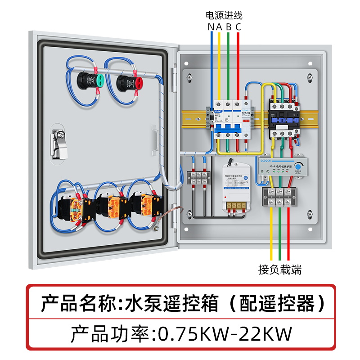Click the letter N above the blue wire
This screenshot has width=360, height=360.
211,27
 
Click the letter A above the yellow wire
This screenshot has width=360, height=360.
219,27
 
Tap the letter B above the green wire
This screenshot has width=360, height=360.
229,27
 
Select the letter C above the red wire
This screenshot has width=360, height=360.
238,27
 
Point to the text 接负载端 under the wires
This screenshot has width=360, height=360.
280,270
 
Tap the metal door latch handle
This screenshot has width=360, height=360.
58,143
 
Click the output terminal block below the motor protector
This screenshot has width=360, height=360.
280,198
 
